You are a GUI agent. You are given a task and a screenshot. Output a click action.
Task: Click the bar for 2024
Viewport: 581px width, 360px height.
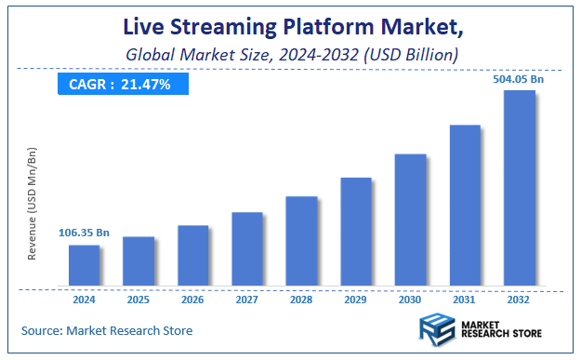pyautogui.click(x=84, y=265)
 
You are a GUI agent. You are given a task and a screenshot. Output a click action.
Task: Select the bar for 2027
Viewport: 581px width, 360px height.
pyautogui.click(x=247, y=248)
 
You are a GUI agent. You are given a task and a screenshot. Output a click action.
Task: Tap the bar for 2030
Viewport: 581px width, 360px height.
pyautogui.click(x=411, y=220)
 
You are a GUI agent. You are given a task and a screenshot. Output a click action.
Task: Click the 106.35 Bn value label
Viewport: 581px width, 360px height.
pyautogui.click(x=84, y=233)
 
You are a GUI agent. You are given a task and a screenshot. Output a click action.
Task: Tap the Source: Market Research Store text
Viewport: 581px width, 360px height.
pyautogui.click(x=108, y=329)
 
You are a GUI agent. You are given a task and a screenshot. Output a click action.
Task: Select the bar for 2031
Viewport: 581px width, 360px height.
pyautogui.click(x=465, y=205)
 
